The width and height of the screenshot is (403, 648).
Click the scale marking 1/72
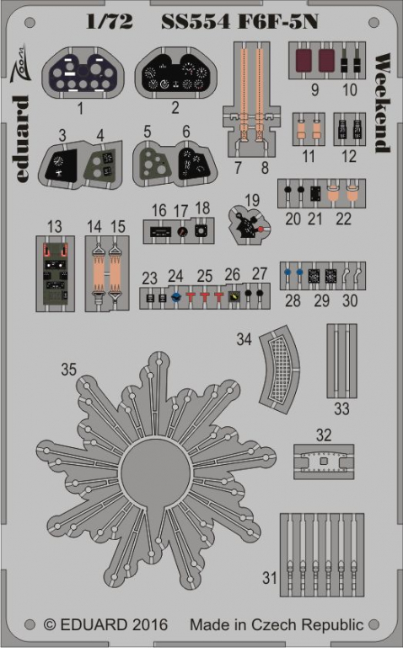(x=110, y=22)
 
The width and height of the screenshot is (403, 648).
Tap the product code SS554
(x=196, y=22)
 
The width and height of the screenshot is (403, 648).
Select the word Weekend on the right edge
(x=382, y=103)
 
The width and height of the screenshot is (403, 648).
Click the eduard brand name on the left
(x=23, y=139)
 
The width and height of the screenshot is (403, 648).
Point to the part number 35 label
(x=68, y=369)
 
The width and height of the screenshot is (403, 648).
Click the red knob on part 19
(x=261, y=229)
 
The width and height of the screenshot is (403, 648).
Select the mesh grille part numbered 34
(x=280, y=370)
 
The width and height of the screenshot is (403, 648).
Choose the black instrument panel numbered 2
(x=176, y=73)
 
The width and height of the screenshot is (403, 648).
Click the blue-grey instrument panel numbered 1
(x=83, y=73)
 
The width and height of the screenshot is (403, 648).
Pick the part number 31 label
(x=270, y=577)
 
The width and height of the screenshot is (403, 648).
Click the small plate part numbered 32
(x=324, y=462)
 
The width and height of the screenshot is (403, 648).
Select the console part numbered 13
(x=56, y=273)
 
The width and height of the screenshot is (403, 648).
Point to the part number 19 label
(x=252, y=200)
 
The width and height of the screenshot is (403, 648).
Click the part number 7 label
(x=238, y=167)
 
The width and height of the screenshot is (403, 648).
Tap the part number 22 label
(x=343, y=219)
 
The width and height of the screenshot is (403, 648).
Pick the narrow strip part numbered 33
(x=342, y=361)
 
